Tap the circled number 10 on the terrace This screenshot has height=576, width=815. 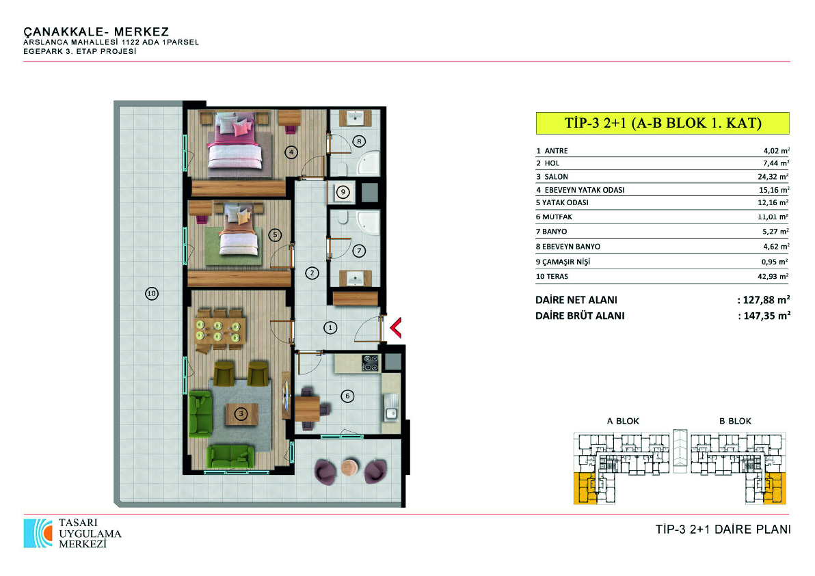151,293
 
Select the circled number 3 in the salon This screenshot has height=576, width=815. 241,414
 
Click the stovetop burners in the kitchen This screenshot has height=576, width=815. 370,363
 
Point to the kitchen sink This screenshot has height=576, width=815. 391,407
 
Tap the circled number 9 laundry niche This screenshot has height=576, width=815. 343,192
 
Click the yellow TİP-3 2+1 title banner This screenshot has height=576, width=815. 663,123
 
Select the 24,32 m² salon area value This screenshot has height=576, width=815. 773,176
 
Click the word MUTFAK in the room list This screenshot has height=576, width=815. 557,217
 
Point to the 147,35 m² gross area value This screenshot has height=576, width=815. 767,315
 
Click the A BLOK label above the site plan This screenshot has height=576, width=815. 623,421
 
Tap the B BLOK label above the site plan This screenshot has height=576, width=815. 736,421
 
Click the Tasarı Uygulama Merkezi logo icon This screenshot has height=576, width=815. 38,533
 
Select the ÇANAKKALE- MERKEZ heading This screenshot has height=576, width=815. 96,31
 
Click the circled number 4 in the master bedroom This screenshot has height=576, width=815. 291,152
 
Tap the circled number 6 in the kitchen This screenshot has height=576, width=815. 347,396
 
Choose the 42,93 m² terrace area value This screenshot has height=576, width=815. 773,276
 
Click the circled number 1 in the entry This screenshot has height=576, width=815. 330,328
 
